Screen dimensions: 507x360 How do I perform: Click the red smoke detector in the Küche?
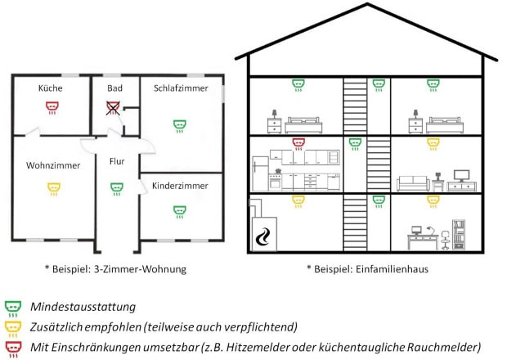click(52, 108)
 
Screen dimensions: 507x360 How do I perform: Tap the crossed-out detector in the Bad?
click(113, 108)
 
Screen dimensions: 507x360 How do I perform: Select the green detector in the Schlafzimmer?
click(179, 126)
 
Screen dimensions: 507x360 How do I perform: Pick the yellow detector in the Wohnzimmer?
click(54, 189)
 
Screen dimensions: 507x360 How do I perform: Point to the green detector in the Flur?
click(116, 189)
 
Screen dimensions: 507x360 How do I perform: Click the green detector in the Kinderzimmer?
click(179, 212)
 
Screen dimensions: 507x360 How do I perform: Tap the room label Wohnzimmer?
click(53, 165)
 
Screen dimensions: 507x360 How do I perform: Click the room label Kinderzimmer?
click(180, 186)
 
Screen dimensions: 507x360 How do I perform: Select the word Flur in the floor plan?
click(117, 161)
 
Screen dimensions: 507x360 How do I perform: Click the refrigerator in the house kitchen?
click(260, 173)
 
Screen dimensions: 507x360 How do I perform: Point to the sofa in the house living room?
click(413, 183)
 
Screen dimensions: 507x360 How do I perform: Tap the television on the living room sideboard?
click(461, 176)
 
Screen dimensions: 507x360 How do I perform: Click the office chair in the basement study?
click(445, 241)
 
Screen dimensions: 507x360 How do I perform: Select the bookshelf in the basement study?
click(459, 235)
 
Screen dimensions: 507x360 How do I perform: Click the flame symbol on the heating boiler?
click(262, 236)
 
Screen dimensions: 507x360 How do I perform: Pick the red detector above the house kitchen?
click(298, 144)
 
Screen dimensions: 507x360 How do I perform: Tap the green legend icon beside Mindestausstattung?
click(13, 309)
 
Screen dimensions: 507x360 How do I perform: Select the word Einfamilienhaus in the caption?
click(392, 269)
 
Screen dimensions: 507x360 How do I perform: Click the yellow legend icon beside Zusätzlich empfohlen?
click(13, 329)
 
